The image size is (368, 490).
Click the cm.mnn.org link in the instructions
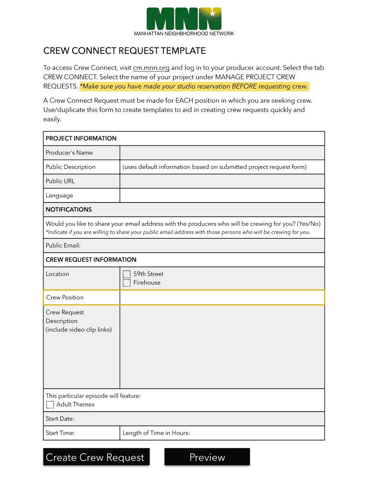[151, 68]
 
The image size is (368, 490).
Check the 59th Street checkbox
[127, 274]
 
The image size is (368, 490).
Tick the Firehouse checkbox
[127, 283]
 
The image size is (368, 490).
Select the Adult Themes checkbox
[50, 405]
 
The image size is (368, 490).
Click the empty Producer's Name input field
[222, 153]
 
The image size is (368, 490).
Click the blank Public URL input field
[222, 181]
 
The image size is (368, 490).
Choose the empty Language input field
[222, 196]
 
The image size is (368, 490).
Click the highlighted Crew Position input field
[222, 298]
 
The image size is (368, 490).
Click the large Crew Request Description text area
[222, 347]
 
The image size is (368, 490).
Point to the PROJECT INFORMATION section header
[81, 138]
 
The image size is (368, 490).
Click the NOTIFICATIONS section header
[69, 210]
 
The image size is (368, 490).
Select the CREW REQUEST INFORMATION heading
[91, 260]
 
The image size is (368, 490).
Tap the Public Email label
[63, 245]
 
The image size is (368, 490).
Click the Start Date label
[60, 419]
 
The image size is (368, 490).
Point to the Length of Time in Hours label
[156, 433]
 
